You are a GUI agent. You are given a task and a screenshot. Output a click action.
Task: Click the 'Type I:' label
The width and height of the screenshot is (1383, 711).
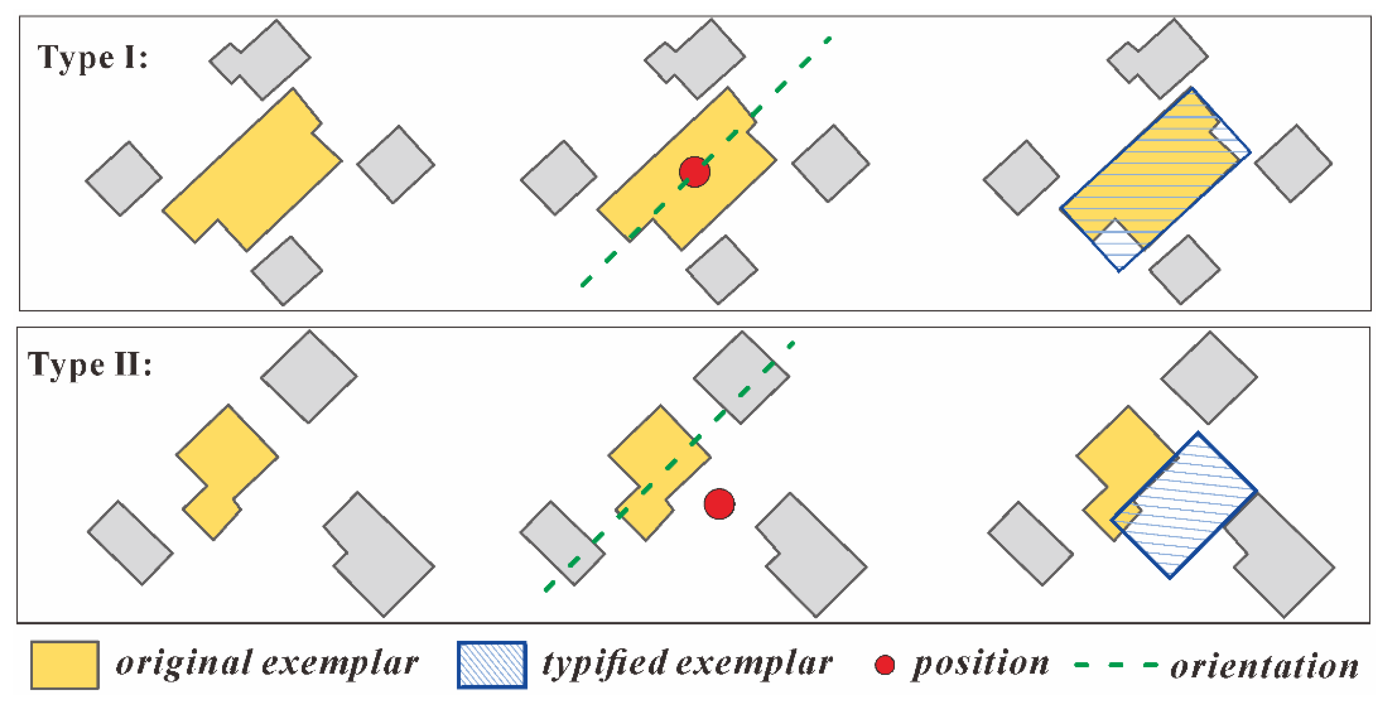[92, 58]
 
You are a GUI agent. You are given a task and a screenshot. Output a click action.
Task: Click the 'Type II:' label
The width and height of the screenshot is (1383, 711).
[90, 365]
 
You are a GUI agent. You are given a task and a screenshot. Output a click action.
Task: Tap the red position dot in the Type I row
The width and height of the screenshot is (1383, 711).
[694, 172]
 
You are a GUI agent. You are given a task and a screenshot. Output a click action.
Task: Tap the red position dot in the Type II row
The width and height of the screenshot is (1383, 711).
[719, 504]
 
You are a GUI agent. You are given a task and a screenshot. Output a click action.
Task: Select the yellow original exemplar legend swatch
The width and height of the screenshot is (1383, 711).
[64, 665]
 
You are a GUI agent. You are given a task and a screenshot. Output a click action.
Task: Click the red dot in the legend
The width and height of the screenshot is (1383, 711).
[884, 665]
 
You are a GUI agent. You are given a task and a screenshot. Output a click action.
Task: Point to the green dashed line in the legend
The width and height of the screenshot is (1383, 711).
[1115, 665]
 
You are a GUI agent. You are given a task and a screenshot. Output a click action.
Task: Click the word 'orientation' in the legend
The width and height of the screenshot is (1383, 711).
[1265, 666]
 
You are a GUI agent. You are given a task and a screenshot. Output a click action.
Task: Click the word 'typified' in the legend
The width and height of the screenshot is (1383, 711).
[605, 664]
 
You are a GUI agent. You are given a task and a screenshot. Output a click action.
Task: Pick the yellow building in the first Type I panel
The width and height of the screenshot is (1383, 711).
[252, 172]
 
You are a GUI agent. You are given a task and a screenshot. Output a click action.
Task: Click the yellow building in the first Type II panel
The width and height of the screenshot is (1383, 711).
[226, 462]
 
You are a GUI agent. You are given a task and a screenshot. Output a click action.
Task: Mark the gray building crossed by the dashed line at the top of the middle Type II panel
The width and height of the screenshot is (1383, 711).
[741, 378]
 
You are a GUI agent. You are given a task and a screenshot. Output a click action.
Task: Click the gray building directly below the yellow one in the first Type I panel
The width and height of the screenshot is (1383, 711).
[287, 271]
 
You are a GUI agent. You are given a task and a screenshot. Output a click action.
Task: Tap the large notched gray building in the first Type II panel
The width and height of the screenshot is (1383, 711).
[381, 556]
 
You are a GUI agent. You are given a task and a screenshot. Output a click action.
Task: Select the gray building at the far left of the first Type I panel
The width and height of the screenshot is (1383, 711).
[123, 179]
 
